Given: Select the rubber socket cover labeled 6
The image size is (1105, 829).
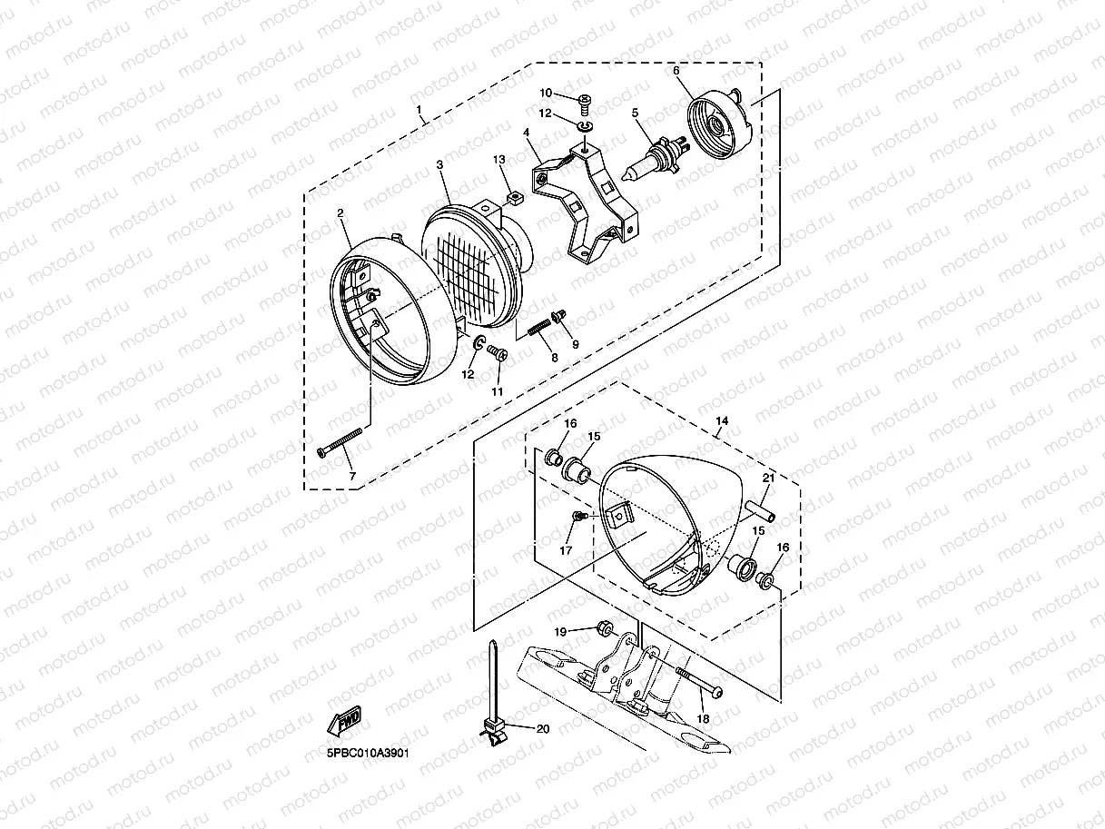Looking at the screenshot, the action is tap(719, 121).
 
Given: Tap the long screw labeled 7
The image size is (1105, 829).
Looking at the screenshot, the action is tap(340, 442).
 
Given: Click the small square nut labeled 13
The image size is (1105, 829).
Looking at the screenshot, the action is tap(516, 196).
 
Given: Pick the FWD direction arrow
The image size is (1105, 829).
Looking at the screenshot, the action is tap(344, 720).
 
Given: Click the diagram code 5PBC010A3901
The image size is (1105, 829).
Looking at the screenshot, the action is tap(368, 753).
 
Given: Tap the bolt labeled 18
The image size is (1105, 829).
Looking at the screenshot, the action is tap(699, 683).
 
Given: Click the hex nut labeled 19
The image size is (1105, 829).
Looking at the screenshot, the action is tap(605, 628).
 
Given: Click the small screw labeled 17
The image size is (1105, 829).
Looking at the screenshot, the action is tap(580, 516).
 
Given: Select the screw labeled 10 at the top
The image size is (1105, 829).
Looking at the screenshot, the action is tap(586, 103).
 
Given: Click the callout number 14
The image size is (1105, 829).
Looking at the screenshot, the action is tap(722, 420).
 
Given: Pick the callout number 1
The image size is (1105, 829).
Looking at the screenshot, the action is tap(419, 109).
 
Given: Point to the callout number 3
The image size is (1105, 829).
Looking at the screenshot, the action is tap(440, 164).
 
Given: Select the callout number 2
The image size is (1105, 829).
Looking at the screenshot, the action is tap(340, 213).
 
